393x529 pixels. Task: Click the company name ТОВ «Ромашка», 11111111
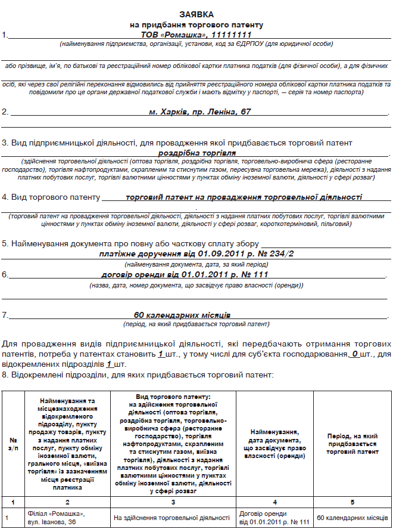click(196, 35)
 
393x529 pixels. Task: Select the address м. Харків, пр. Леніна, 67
click(200, 112)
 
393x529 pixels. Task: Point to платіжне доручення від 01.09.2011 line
click(196, 253)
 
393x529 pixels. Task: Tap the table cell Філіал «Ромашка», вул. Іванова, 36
click(57, 518)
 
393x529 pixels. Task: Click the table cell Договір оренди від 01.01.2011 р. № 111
click(275, 518)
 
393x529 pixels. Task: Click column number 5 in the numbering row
click(352, 502)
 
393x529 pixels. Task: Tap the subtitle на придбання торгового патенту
click(196, 25)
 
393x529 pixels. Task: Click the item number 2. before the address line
click(5, 112)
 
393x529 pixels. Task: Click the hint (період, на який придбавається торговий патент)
click(196, 324)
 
